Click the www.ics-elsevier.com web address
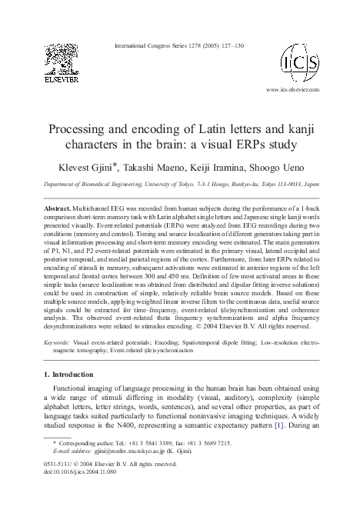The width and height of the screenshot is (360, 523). (293, 90)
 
